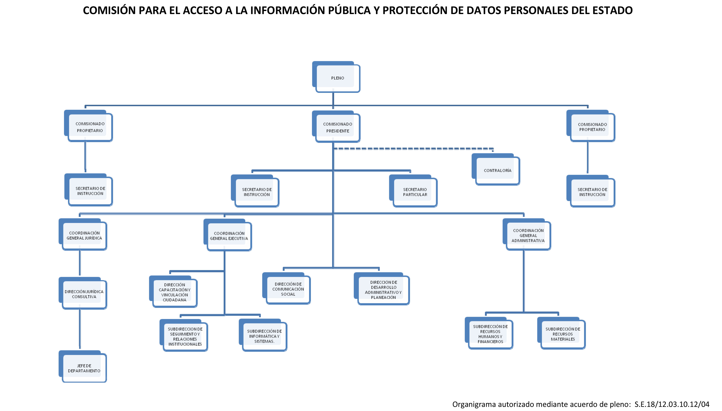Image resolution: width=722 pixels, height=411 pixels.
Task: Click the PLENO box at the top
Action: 336,77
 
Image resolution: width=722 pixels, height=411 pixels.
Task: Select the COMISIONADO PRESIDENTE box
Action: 336,127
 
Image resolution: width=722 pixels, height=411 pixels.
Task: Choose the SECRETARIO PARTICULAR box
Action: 413,191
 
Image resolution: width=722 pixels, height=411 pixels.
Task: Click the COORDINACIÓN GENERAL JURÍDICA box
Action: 83,234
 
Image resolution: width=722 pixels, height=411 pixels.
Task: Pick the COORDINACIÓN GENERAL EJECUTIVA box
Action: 228,235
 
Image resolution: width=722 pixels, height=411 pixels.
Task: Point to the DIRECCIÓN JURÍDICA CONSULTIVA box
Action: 83,293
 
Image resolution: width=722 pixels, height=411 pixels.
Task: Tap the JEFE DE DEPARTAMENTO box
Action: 83,366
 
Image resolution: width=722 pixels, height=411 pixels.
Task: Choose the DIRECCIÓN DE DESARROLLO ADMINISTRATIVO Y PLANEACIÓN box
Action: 382,288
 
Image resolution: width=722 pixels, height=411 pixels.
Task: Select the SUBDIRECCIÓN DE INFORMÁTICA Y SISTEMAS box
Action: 263,335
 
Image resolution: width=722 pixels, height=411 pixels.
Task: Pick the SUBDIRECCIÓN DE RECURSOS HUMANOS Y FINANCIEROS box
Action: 489,333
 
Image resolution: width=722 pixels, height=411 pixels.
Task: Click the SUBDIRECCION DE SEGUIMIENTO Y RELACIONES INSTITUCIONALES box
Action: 184,335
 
